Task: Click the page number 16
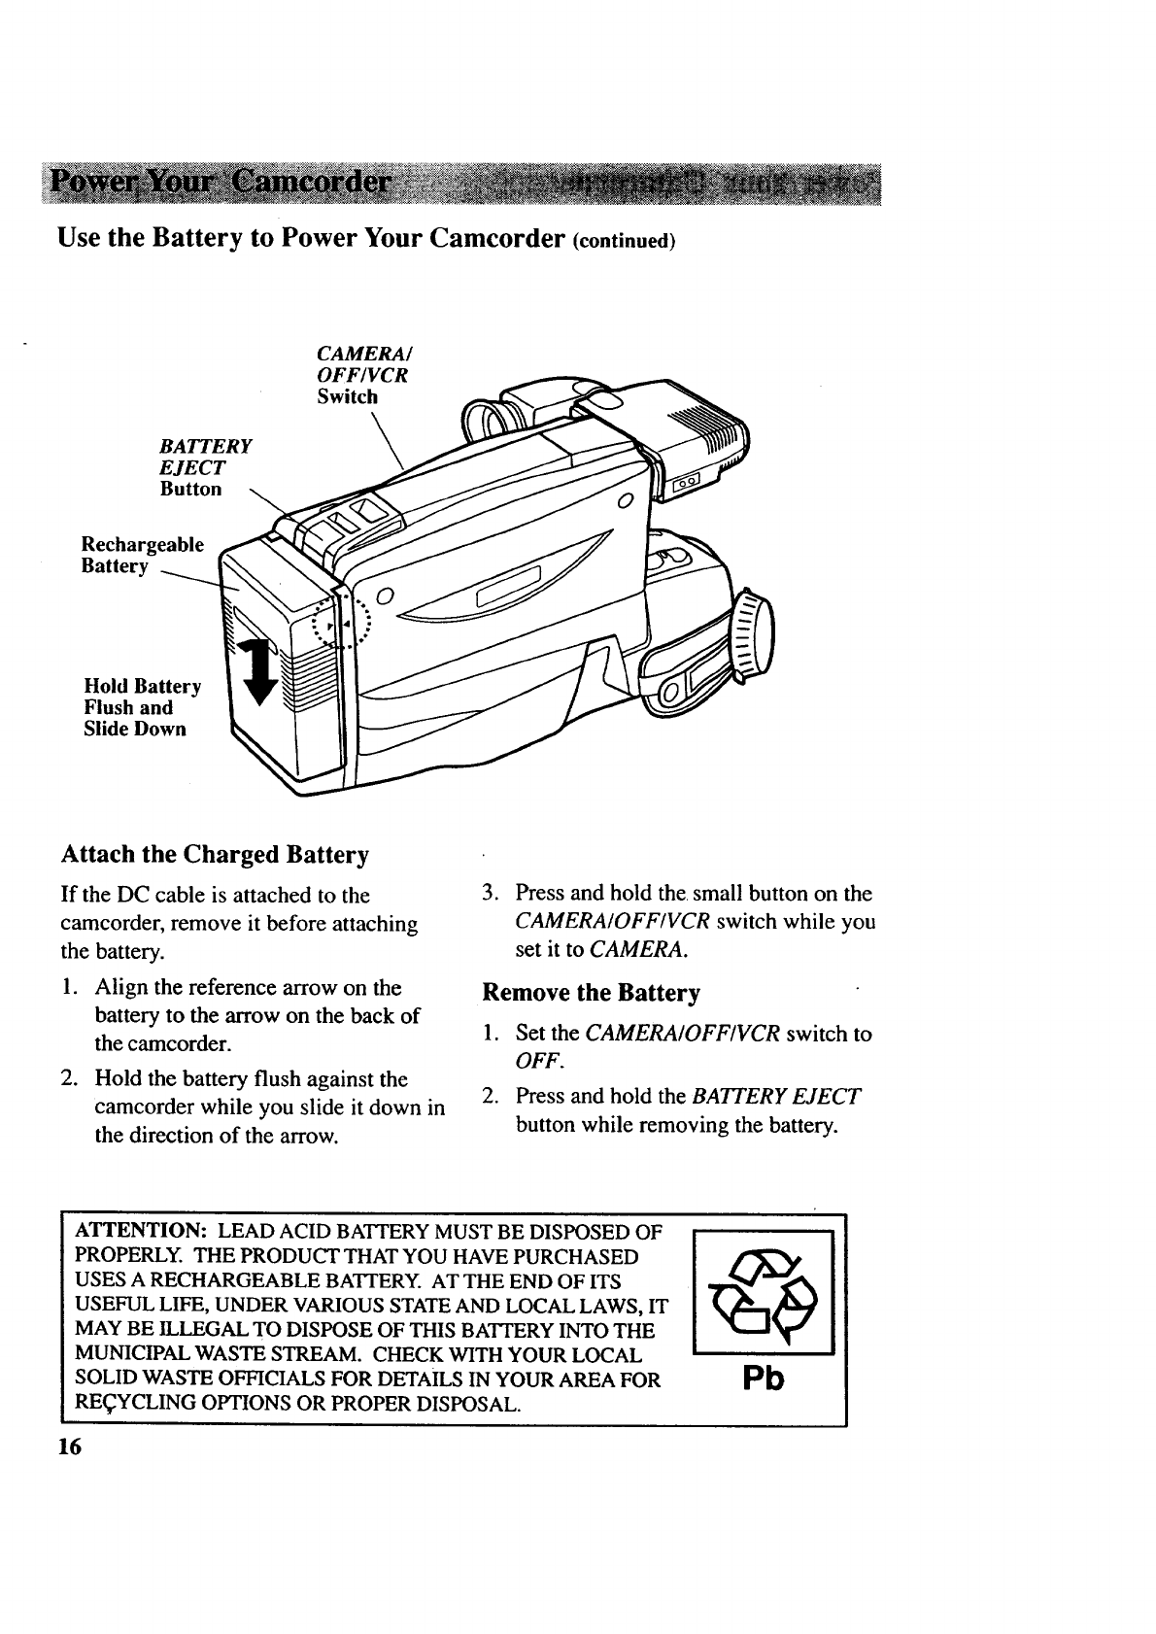[69, 1447]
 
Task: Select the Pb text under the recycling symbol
[763, 1380]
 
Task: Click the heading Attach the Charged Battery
[215, 855]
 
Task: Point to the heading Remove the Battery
[591, 993]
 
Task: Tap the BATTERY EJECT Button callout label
[204, 467]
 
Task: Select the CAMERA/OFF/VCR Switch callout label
[360, 375]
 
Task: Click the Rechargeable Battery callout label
[143, 555]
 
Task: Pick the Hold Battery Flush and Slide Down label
[142, 708]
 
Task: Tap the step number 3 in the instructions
[492, 893]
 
